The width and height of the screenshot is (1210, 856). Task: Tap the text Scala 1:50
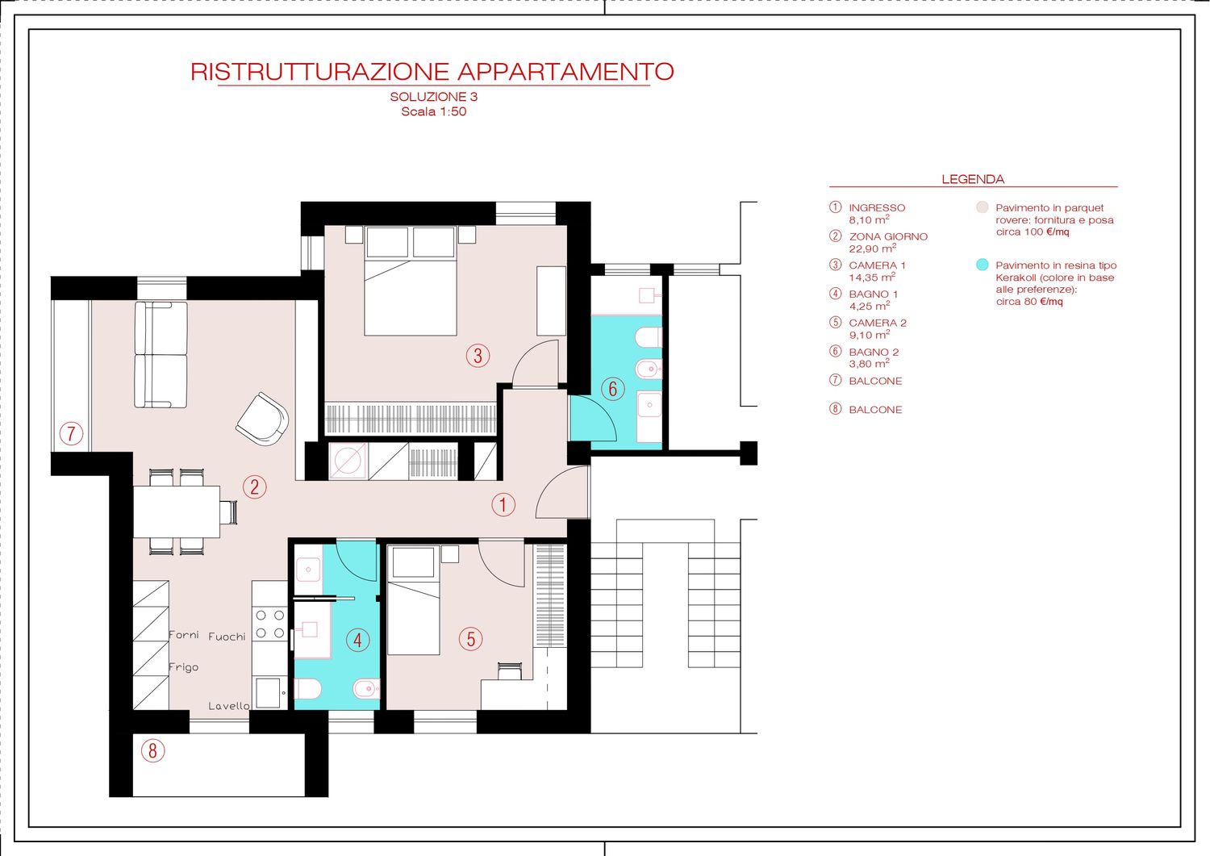point(433,112)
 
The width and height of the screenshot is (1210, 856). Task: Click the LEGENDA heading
point(973,179)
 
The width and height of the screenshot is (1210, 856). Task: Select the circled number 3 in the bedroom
point(478,356)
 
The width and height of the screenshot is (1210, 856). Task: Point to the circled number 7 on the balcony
point(71,433)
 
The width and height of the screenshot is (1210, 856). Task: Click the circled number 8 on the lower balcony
point(153,750)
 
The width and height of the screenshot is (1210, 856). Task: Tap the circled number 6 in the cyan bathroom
point(612,389)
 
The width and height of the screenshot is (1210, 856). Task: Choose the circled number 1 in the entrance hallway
point(503,505)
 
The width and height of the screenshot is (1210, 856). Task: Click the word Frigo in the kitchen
point(184,667)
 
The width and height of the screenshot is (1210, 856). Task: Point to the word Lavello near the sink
point(229,706)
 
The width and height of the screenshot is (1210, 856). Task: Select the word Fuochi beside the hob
point(227,637)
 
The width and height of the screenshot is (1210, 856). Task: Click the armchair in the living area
point(262,419)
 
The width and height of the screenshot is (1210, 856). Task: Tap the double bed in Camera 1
point(411,281)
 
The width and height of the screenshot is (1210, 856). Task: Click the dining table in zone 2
point(177,512)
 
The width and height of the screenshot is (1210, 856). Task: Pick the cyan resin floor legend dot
point(982,265)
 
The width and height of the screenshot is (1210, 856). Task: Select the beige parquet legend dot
point(982,207)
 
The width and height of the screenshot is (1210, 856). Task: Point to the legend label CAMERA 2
point(878,323)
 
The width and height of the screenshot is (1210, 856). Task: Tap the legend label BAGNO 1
point(874,294)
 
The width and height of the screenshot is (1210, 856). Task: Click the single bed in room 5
point(414,601)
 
